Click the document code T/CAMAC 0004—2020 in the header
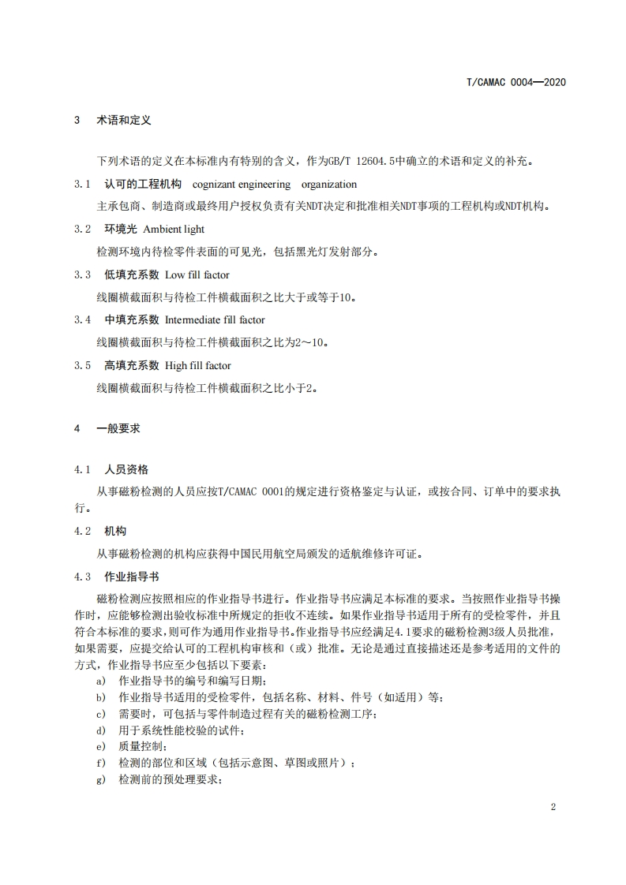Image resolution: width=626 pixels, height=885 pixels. coord(516,82)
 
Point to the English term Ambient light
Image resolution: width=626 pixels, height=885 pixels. coord(184,230)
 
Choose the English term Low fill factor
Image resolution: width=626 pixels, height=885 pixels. coord(197,275)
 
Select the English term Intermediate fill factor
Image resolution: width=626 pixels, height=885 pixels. coord(215,320)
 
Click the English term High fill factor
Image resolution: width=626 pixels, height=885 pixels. coord(198,366)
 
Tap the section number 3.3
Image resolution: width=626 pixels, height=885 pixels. coord(83,275)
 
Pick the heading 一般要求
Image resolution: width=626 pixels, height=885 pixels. coord(118,428)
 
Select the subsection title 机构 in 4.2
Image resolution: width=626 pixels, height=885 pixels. coord(115,532)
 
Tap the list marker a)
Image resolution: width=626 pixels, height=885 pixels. coord(100,681)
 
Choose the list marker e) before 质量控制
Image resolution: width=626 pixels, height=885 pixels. coord(100,746)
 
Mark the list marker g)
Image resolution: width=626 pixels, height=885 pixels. coord(100,779)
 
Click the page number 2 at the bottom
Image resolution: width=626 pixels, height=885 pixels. coord(553,808)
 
